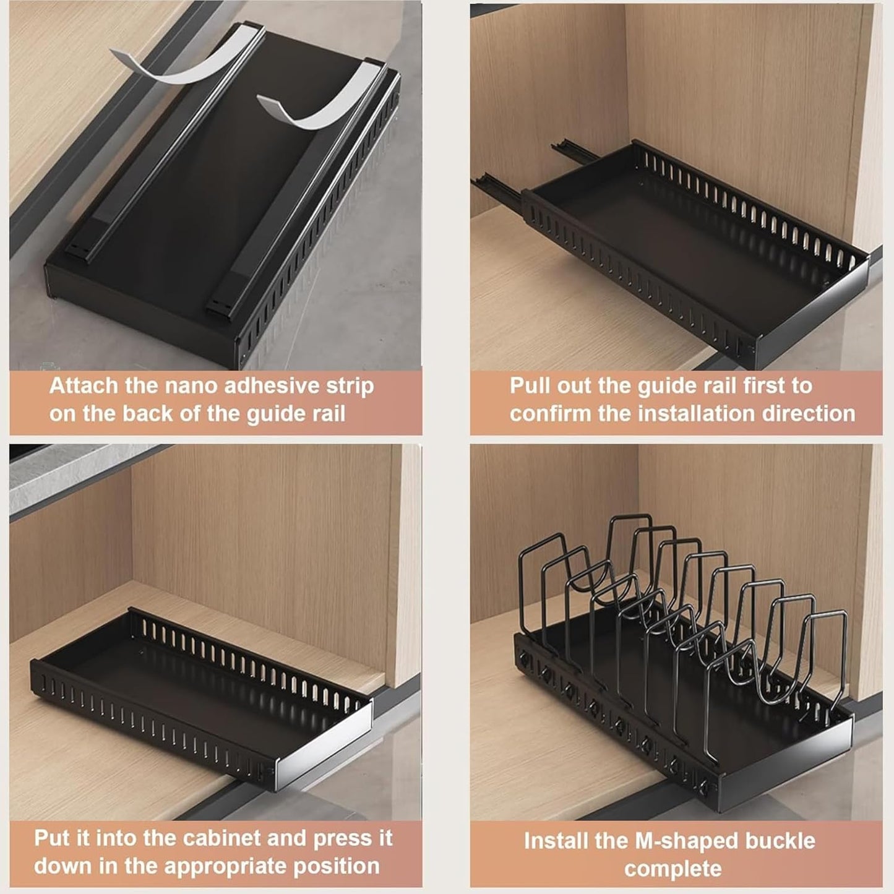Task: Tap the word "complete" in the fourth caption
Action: (x=673, y=869)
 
